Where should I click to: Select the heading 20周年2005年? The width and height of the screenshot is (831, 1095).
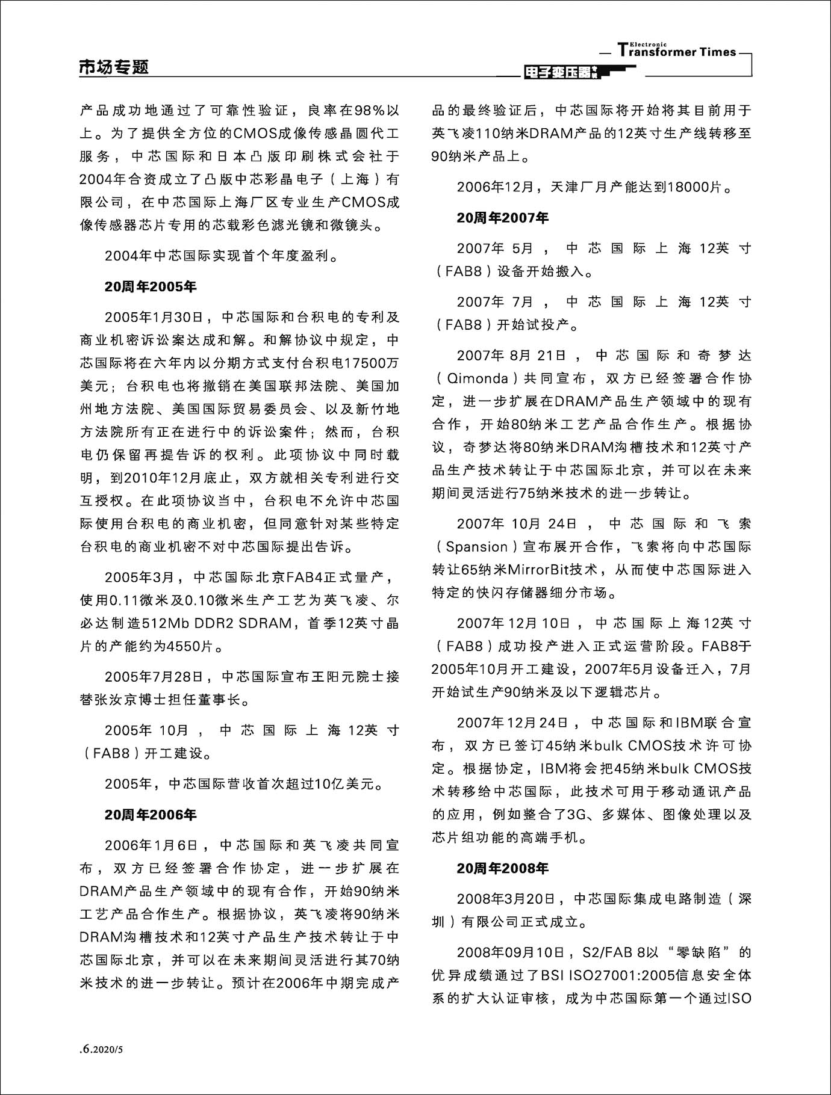coord(151,287)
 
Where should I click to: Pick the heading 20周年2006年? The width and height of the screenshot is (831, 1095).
coord(151,815)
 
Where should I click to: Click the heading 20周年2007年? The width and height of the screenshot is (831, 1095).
coord(502,218)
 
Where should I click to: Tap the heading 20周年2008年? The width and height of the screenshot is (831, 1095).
coord(502,868)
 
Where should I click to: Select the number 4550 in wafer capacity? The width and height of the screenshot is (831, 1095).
coord(184,647)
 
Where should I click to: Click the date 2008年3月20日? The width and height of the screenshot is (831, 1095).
coord(506,899)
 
